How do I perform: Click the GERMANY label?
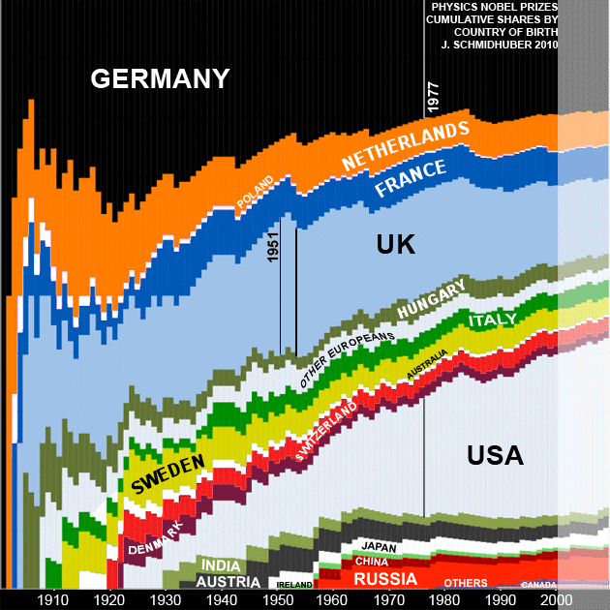(160, 78)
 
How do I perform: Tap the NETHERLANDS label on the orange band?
(406, 143)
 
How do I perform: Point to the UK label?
(395, 245)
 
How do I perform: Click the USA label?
(494, 455)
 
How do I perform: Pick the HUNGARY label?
(432, 298)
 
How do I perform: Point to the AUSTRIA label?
(229, 583)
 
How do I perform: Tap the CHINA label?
(372, 562)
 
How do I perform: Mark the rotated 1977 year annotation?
(433, 98)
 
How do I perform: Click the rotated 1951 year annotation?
(273, 249)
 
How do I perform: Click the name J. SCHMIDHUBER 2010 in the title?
(500, 44)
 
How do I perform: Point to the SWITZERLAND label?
(325, 430)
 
